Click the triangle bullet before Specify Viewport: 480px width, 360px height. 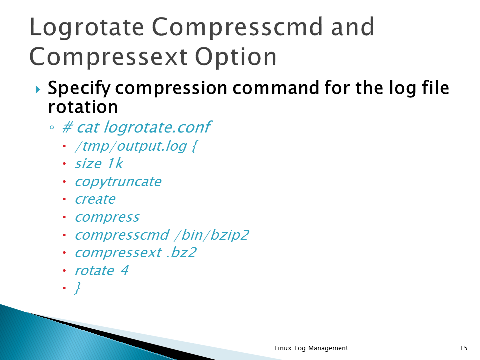pos(38,89)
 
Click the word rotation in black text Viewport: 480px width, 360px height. pos(83,107)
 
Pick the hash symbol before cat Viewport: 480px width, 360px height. pos(67,127)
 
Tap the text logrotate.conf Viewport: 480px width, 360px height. pos(157,128)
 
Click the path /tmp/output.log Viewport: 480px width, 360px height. pos(131,146)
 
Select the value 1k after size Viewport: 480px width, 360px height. pos(115,164)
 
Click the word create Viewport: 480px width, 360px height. pos(95,199)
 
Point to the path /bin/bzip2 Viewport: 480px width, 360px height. pos(212,235)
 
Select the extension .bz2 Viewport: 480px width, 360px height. pos(181,253)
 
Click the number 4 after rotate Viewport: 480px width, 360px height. pos(124,270)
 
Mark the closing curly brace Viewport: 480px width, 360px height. pos(78,288)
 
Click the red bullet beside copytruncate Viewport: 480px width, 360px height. pos(64,182)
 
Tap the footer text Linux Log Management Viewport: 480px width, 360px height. pos(311,348)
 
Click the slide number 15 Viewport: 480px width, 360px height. pos(464,348)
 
